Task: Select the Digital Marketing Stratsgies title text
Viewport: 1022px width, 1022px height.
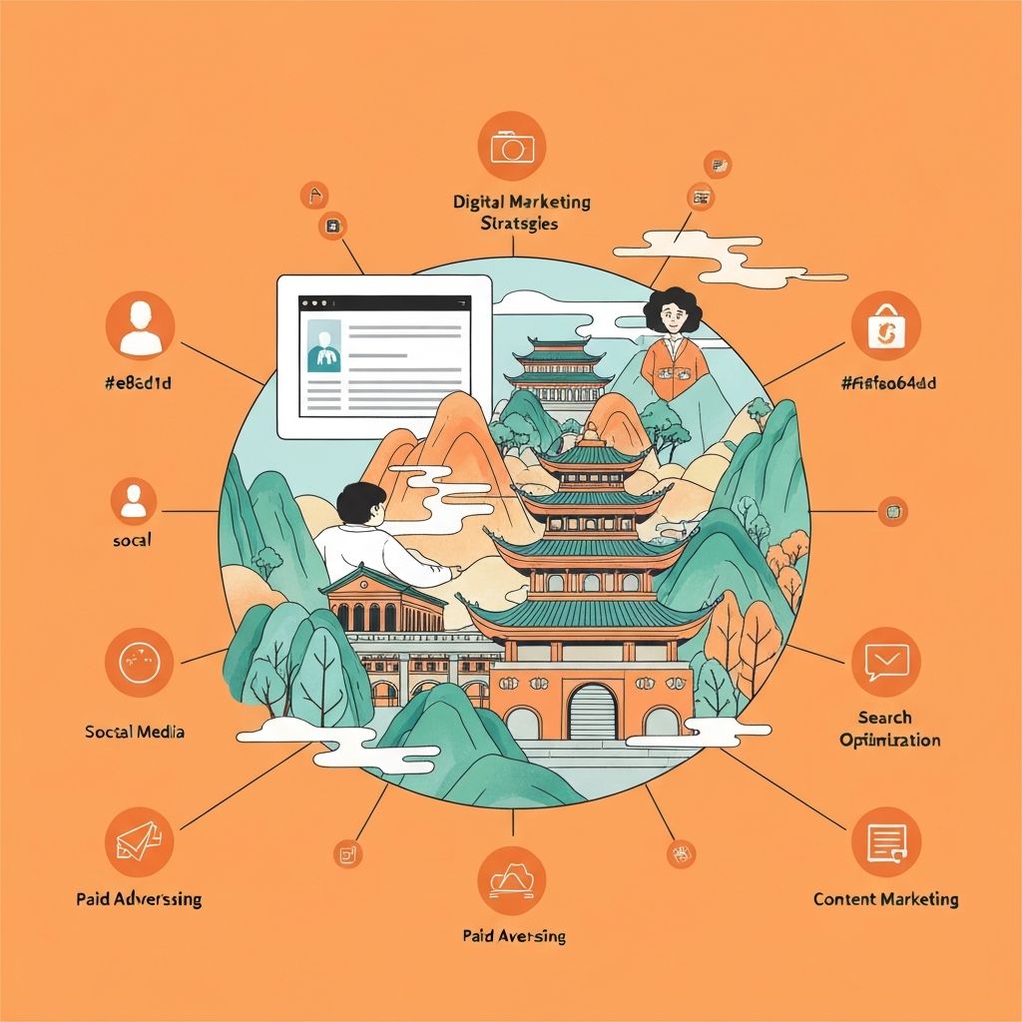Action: [x=521, y=213]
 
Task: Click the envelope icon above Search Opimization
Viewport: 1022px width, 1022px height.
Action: [x=885, y=662]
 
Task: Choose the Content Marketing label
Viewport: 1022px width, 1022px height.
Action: [x=885, y=899]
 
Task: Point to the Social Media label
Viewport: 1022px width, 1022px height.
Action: [x=135, y=732]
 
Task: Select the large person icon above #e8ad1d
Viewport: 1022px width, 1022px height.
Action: [x=139, y=325]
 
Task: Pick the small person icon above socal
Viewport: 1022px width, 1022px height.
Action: [x=133, y=502]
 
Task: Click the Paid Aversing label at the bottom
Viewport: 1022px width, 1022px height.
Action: [x=514, y=936]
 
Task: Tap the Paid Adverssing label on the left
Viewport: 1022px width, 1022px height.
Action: [x=139, y=899]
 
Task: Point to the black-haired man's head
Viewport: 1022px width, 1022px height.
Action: [x=359, y=502]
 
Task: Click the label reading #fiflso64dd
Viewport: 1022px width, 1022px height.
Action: [x=887, y=381]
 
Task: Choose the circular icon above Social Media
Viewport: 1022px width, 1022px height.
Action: [x=139, y=662]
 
